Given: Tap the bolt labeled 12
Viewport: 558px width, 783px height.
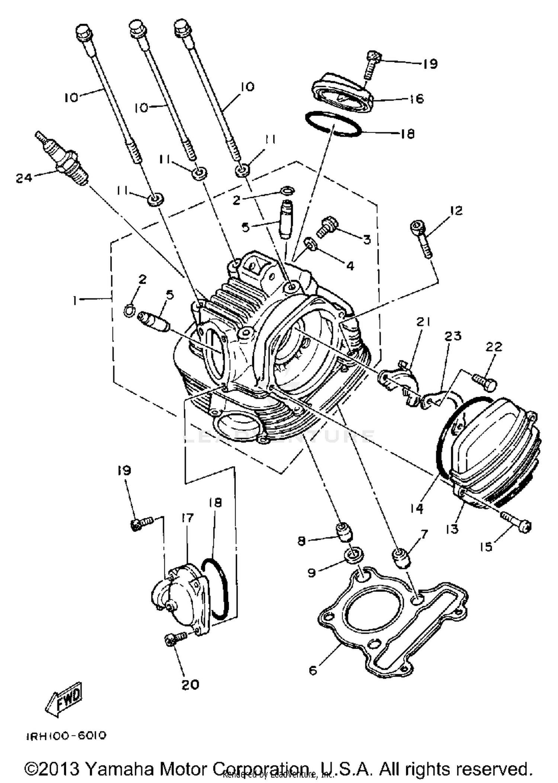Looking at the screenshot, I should click(x=422, y=238).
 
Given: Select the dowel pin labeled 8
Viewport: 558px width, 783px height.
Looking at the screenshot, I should click(x=344, y=532).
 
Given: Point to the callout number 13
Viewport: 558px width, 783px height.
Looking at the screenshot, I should click(x=452, y=529).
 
